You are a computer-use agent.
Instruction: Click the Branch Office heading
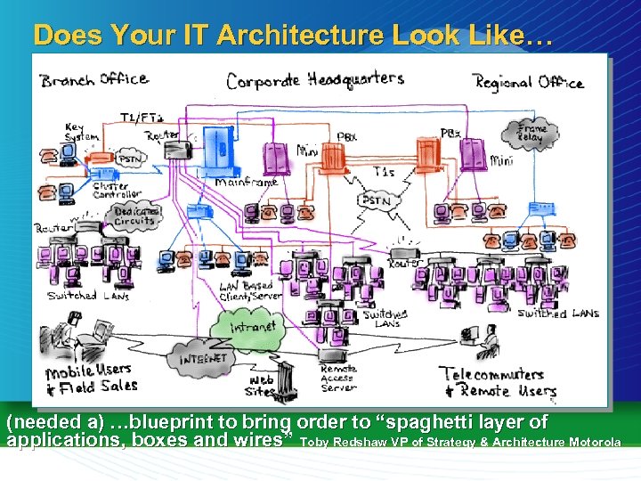pos(93,79)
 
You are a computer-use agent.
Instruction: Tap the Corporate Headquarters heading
pos(314,80)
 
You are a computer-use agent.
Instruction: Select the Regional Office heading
pos(529,83)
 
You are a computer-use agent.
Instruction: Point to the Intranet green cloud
pos(253,326)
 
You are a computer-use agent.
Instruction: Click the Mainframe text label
pos(247,183)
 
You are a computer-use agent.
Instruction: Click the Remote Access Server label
pos(338,378)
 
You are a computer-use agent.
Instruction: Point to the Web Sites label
pos(260,385)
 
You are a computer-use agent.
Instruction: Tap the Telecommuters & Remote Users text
pos(501,382)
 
